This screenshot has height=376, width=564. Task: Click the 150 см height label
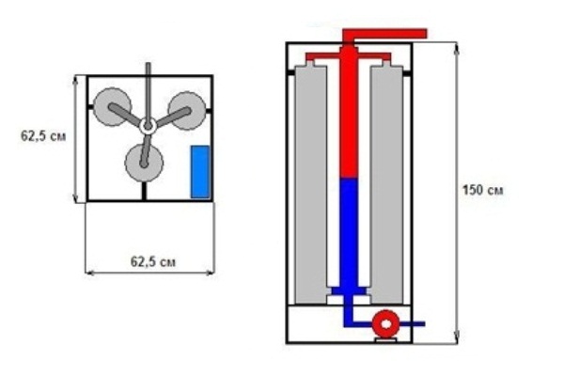pos(482,190)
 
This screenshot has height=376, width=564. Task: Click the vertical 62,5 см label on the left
pos(43,135)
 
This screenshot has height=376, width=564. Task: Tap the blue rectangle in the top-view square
pos(199,171)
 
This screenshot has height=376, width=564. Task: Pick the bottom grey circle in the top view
pos(143,163)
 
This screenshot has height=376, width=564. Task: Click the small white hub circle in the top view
pos(148,124)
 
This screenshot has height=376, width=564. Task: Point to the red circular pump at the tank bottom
pos(385,324)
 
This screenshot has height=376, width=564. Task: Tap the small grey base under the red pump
pos(385,339)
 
